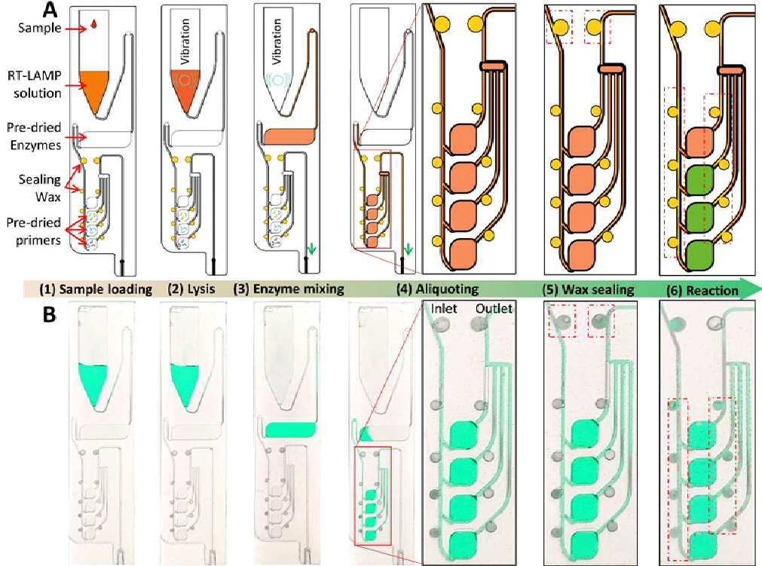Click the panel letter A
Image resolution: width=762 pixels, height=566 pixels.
51,10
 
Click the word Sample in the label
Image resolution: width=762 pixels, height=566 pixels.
40,28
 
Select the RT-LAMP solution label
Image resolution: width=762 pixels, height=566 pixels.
34,84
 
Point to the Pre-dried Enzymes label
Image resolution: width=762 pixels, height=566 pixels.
34,136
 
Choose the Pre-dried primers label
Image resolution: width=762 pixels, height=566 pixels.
34,231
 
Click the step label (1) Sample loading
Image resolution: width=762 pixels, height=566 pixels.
96,290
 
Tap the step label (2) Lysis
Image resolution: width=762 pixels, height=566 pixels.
191,289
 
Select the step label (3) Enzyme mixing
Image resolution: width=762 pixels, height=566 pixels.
289,289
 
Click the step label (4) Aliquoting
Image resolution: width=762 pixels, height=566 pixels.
437,289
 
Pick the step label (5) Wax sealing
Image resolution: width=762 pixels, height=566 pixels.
589,290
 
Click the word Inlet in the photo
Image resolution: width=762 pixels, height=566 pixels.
444,309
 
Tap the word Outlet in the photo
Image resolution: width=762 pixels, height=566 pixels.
494,309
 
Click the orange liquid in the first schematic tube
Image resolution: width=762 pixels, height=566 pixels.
94,88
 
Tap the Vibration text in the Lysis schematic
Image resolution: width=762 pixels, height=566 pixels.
185,41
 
